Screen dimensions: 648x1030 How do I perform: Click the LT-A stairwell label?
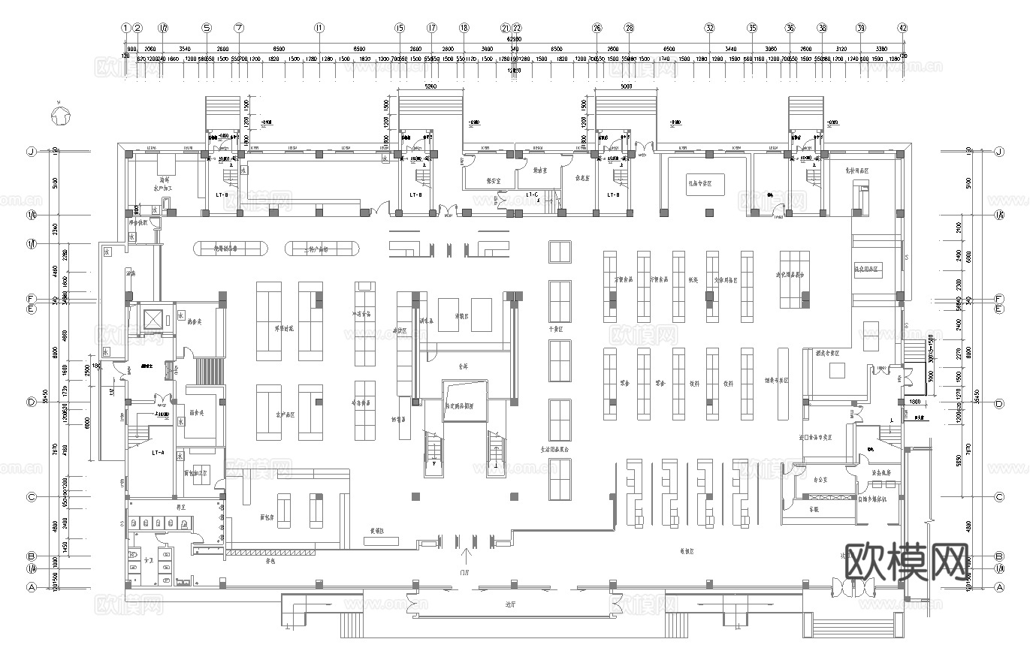[x=158, y=453]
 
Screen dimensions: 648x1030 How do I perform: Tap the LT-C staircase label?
[x=533, y=195]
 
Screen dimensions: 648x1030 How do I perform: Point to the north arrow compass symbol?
[x=59, y=116]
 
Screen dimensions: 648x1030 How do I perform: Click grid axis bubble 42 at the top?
[x=903, y=28]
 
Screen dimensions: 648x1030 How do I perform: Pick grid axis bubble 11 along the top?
[x=319, y=28]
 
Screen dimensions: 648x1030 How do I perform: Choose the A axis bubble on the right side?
[x=999, y=589]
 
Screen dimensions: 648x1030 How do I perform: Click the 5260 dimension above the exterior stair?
[x=430, y=86]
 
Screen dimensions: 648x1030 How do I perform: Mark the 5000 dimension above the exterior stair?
[x=627, y=86]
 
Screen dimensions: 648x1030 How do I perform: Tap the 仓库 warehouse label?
[x=464, y=368]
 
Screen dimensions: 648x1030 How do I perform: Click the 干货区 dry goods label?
[x=557, y=329]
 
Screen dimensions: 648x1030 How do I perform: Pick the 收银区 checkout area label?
[x=686, y=551]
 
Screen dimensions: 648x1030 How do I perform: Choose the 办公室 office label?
[x=820, y=475]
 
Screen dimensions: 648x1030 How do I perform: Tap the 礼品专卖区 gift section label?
[x=705, y=182]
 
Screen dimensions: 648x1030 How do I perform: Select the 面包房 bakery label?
[x=267, y=517]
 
